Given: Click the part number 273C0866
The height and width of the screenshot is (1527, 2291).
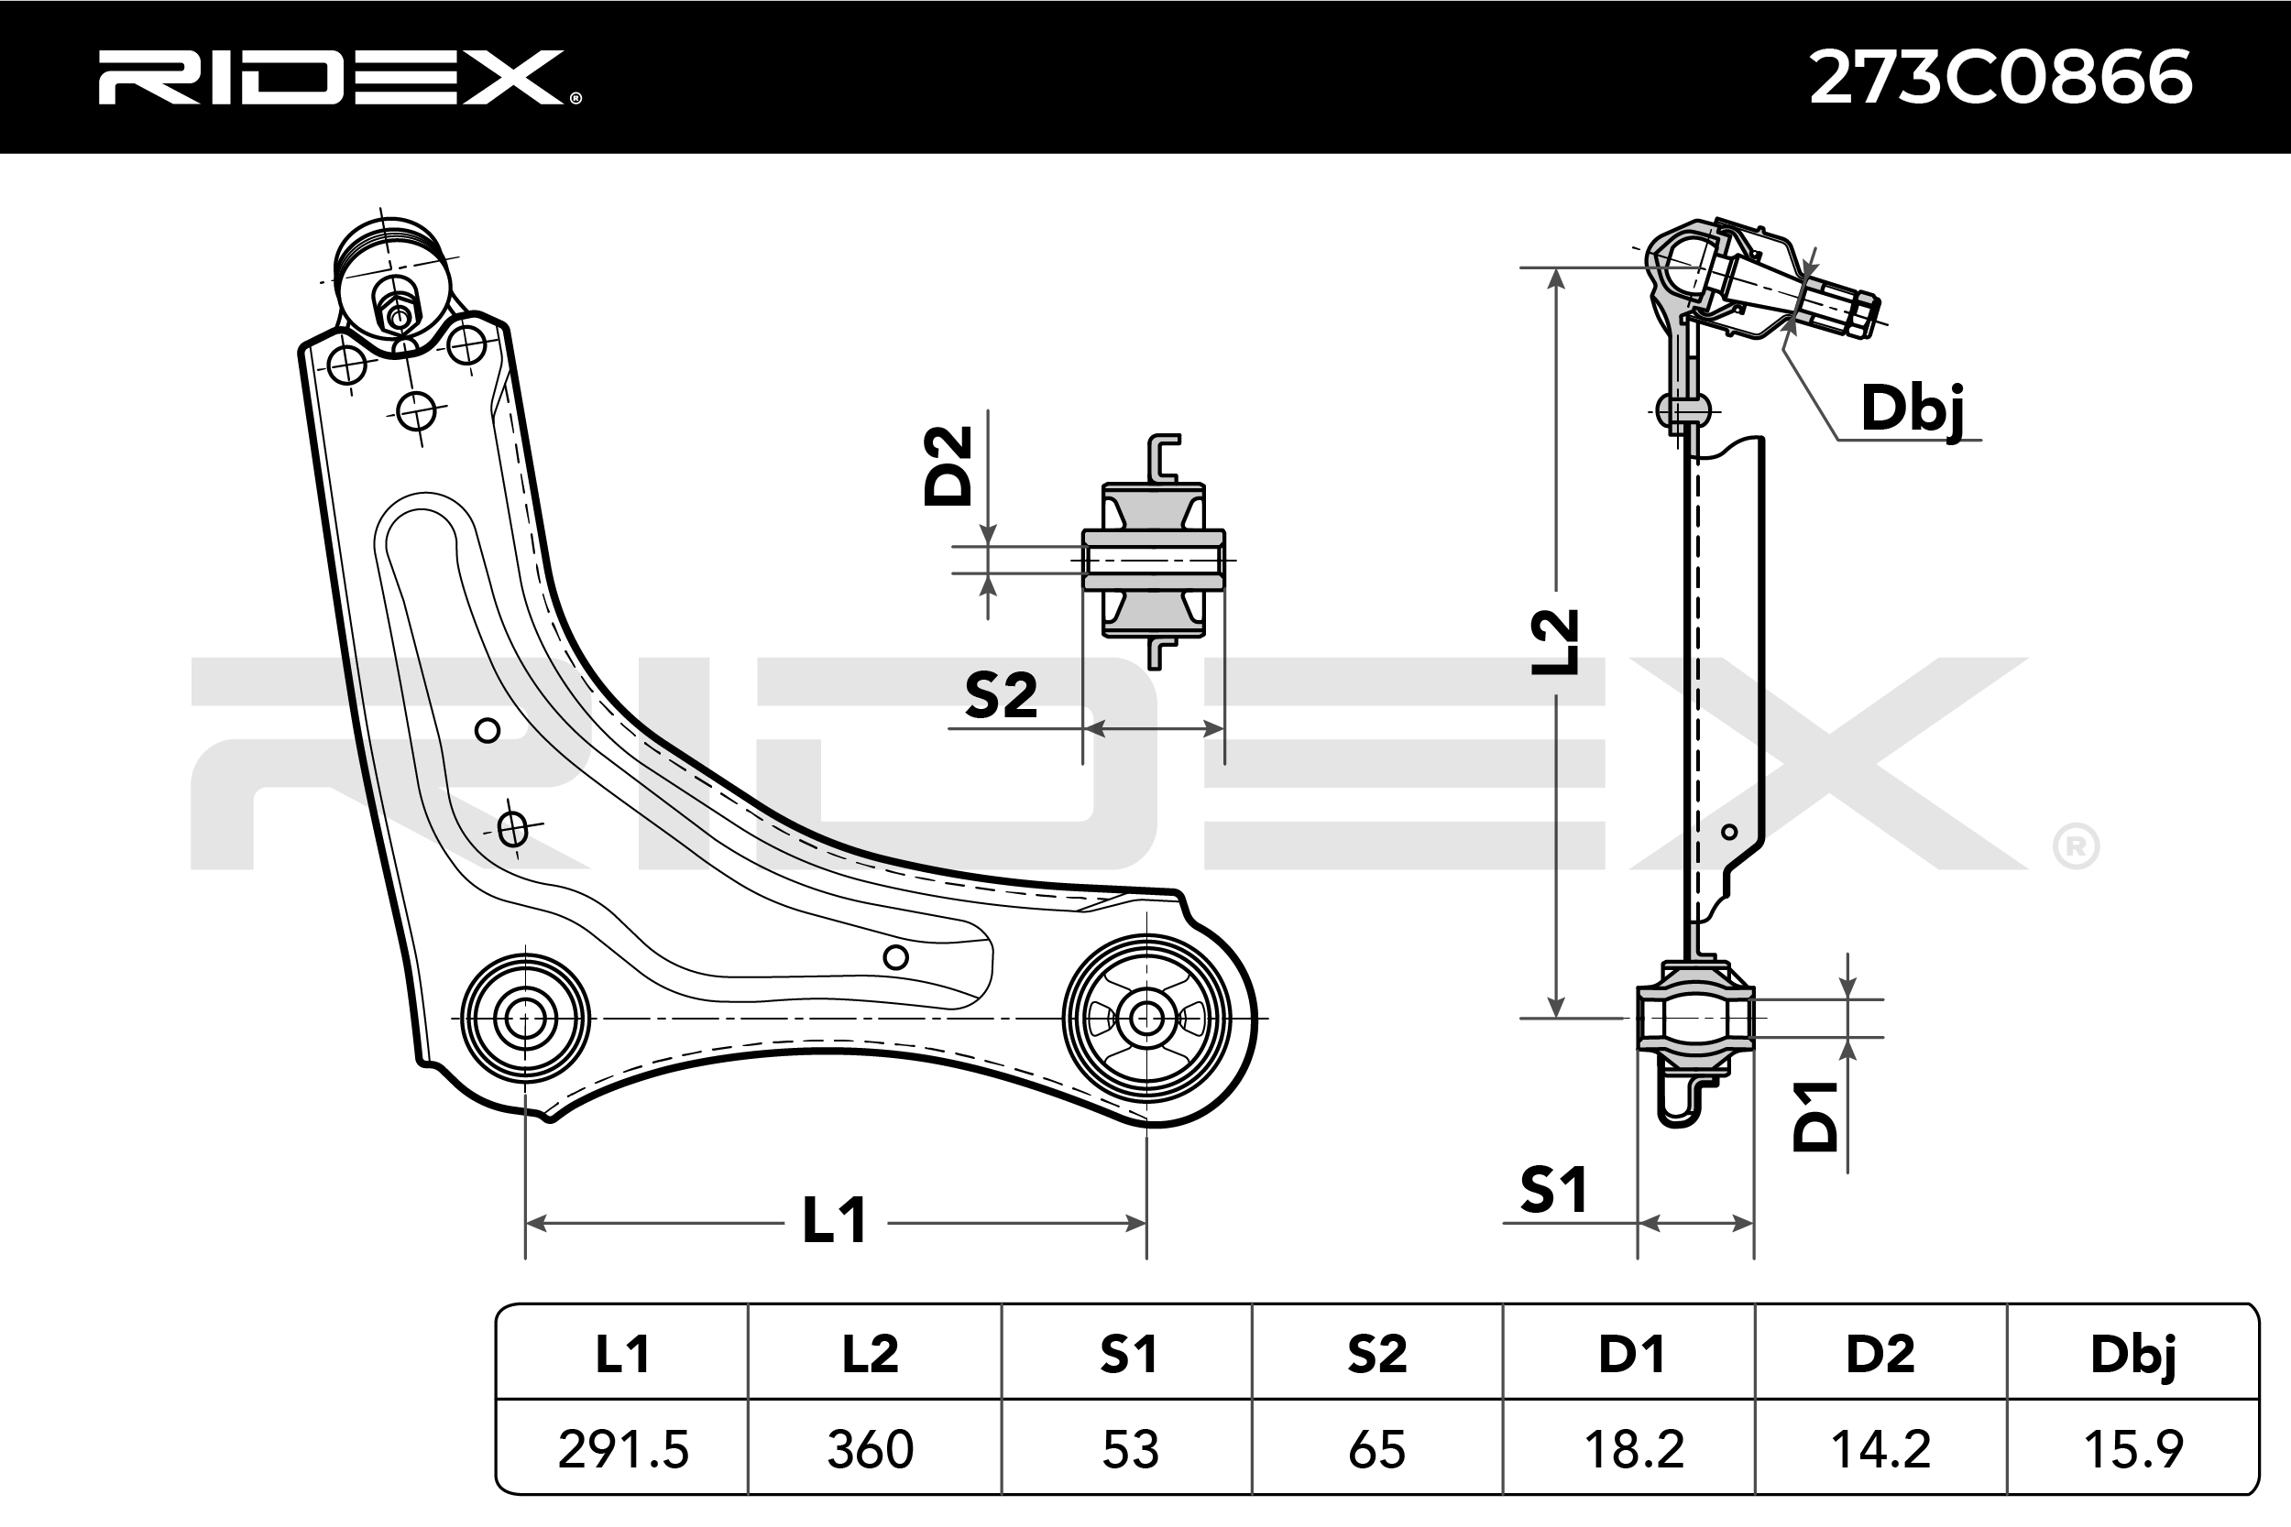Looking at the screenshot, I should point(2000,78).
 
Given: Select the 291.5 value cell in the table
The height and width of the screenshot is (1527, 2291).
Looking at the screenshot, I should point(622,1450).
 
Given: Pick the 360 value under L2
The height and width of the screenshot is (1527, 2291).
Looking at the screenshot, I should point(870,1450).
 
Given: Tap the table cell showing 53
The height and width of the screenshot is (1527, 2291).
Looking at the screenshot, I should point(1129,1450).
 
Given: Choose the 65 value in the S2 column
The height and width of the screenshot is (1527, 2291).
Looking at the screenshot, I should point(1376,1450).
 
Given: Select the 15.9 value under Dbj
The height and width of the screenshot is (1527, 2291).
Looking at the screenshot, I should point(2132,1450).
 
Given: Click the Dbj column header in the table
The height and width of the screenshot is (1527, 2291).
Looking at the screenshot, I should point(2132,1355).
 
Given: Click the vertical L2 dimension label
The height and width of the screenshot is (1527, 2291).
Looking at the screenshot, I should point(1554,642).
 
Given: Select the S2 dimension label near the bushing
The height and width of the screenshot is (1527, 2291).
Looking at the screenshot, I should point(1001,695).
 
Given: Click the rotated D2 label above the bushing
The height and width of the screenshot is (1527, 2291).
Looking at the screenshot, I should point(948,465).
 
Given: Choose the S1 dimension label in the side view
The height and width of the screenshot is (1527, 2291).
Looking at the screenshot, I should point(1553,1190).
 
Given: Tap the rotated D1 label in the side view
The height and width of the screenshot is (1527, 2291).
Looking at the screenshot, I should point(1815,1117).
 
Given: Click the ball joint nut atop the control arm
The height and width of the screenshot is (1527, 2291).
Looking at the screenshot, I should point(398,314).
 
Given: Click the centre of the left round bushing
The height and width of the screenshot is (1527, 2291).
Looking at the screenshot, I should point(525,1019).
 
